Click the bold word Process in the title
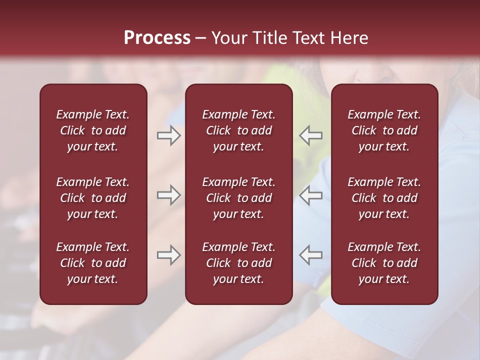[157, 38]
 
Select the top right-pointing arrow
[168, 135]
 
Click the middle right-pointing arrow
[168, 195]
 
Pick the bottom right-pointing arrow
[168, 255]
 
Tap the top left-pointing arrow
[311, 135]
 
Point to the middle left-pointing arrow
[311, 195]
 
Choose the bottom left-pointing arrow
[311, 255]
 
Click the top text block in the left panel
[93, 130]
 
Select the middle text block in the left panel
[93, 198]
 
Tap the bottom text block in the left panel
[93, 263]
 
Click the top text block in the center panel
[238, 130]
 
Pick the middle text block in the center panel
[238, 198]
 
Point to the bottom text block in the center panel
[238, 263]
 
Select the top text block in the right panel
[384, 130]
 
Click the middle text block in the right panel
[384, 198]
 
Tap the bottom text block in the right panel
[384, 263]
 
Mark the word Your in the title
[228, 38]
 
